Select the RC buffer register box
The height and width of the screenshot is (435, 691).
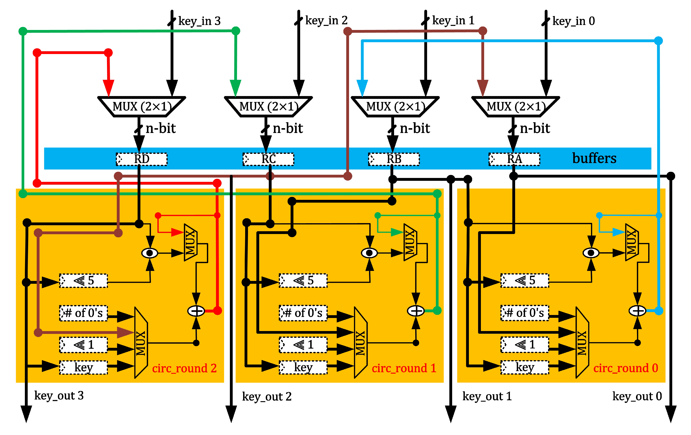coord(268,159)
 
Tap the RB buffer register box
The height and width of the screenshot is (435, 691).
coord(394,159)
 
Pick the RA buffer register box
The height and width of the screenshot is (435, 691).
coord(514,159)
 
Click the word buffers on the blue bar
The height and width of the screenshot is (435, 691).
coord(594,158)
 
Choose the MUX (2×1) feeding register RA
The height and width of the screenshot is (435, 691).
coord(516,107)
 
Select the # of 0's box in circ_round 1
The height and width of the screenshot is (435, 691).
coord(303,313)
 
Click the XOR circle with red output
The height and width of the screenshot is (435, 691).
coord(196,311)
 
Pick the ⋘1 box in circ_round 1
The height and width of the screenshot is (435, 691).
coord(303,344)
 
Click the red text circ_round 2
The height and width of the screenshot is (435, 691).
coord(184,368)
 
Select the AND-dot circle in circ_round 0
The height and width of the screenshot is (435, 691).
coord(591,253)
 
